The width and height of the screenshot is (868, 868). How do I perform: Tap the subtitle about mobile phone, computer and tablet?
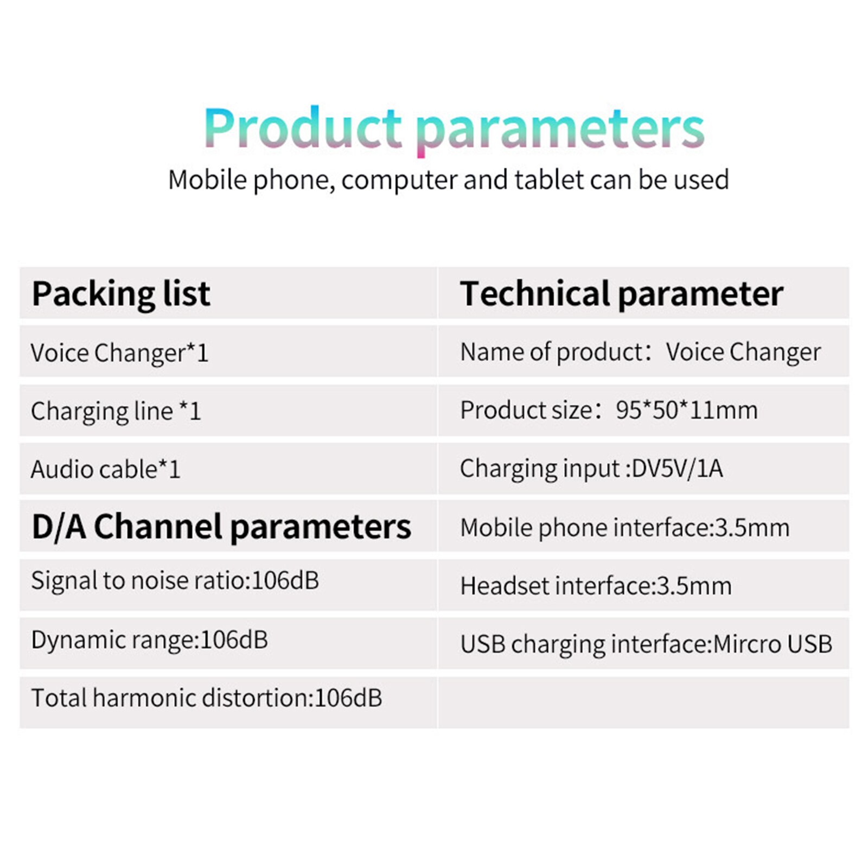tap(449, 180)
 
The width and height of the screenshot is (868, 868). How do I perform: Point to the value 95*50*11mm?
tap(687, 410)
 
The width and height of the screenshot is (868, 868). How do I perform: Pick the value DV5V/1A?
tap(678, 468)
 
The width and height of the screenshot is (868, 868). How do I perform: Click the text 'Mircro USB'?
tap(773, 644)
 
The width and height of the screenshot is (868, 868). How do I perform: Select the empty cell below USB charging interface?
tap(643, 703)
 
